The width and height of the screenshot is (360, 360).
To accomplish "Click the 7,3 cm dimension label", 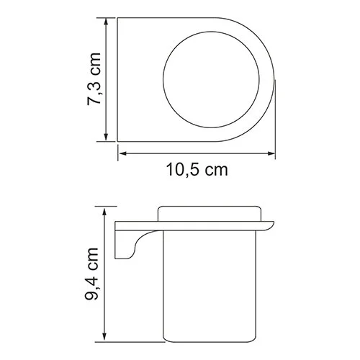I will coord(91,80).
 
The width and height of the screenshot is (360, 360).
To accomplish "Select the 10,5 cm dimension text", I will coord(197,170).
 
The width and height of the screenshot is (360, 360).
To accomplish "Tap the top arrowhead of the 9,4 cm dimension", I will coord(107,209).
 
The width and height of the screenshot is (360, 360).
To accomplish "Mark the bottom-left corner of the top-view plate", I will coord(117,143).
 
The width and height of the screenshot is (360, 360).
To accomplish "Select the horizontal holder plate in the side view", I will coord(194,221).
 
